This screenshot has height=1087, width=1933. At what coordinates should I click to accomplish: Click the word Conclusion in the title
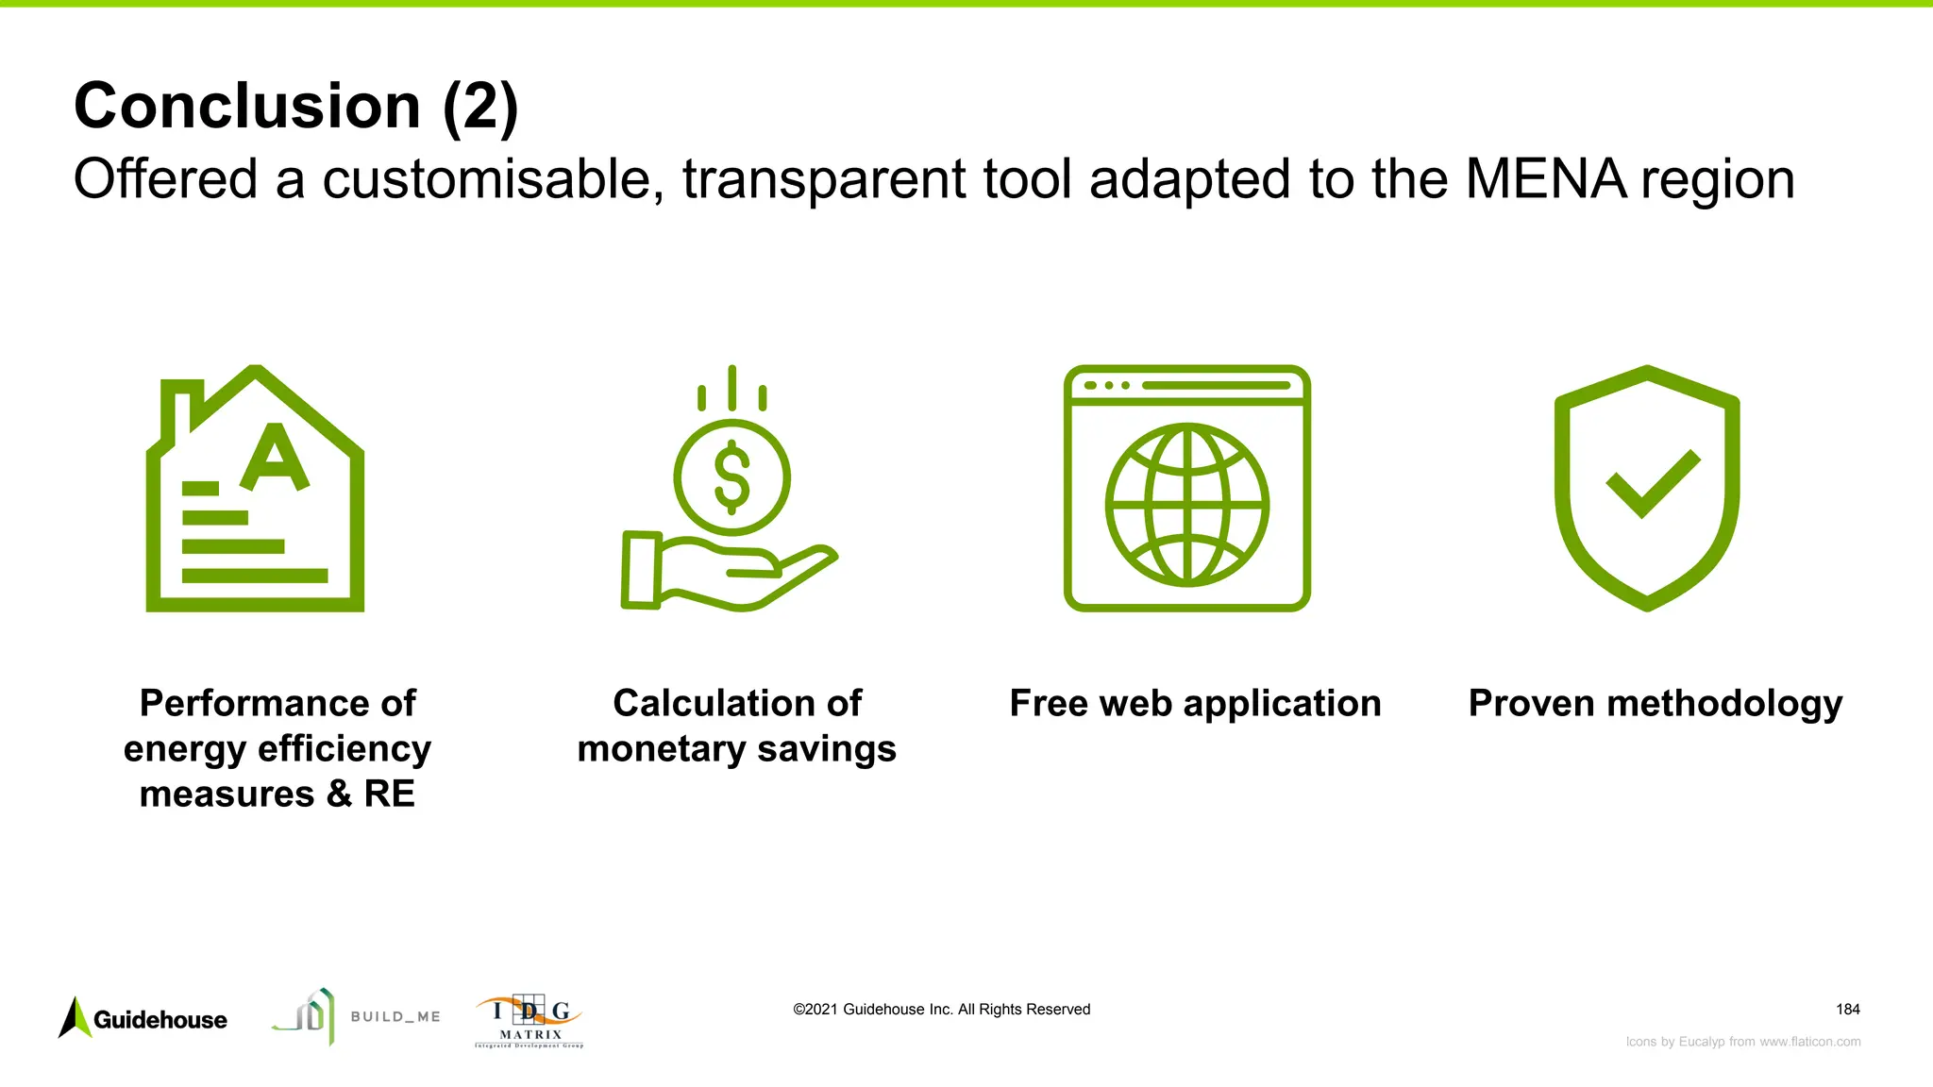tap(247, 106)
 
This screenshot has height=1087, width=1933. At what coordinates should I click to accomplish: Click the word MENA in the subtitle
tap(1546, 178)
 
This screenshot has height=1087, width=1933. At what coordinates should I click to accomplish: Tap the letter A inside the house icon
tap(275, 458)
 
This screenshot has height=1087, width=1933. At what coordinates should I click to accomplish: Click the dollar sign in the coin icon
tap(731, 477)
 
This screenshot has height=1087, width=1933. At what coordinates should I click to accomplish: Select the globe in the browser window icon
tap(1186, 505)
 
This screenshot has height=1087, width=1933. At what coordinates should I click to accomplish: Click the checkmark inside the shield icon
tap(1652, 483)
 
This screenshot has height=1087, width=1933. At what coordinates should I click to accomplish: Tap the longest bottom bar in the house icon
tap(255, 576)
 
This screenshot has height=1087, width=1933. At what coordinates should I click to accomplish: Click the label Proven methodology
tap(1655, 704)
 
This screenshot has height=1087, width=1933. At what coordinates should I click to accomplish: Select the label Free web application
tap(1195, 704)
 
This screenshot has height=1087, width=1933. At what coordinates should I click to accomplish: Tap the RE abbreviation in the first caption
tap(389, 794)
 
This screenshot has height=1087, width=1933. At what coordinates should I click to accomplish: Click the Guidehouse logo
tap(143, 1019)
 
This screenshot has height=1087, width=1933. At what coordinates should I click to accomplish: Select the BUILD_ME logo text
tap(395, 1017)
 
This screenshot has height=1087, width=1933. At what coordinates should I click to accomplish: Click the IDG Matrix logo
tap(529, 1021)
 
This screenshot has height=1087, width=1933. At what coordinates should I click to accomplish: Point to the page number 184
tap(1847, 1010)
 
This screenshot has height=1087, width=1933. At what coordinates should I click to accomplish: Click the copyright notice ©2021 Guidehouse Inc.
tap(941, 1010)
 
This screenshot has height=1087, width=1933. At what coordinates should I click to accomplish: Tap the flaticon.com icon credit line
tap(1742, 1042)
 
